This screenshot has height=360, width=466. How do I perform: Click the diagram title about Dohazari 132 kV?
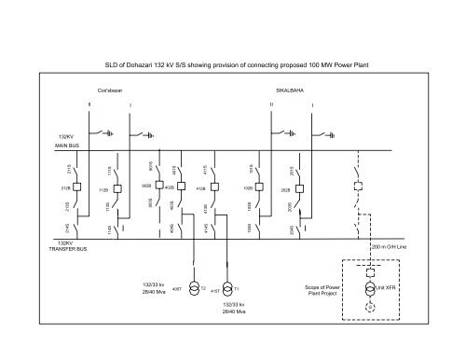coord(232,66)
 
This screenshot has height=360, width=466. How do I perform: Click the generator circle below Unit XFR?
coord(369,305)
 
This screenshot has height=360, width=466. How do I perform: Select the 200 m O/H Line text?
coord(397,247)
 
